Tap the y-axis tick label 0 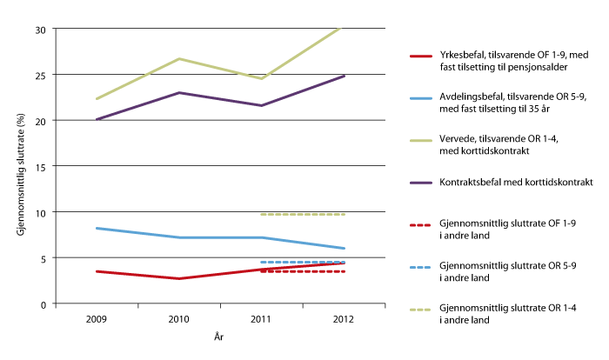42,303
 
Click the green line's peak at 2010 178,58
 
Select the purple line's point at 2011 262,105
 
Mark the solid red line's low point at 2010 178,278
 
